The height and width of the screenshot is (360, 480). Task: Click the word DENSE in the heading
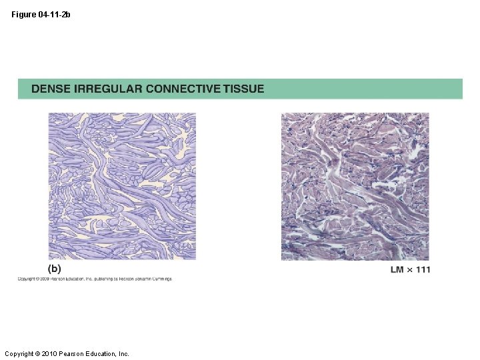pos(52,89)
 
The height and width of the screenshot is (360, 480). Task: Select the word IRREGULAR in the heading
pos(107,89)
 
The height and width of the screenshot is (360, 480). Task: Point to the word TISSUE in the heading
pos(244,89)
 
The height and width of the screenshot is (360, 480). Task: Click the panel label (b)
pos(54,269)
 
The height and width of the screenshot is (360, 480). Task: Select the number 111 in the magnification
pos(422,269)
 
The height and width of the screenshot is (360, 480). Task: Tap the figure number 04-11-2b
pos(54,15)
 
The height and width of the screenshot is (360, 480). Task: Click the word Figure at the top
pos(23,15)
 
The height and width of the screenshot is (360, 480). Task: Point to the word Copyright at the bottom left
pos(19,353)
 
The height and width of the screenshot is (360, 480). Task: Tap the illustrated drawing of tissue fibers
pos(122,186)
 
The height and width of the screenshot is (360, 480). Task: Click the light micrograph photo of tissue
pos(355,186)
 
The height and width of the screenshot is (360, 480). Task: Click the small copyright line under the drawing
pos(94,279)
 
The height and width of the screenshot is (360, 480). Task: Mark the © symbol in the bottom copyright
pos(39,353)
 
